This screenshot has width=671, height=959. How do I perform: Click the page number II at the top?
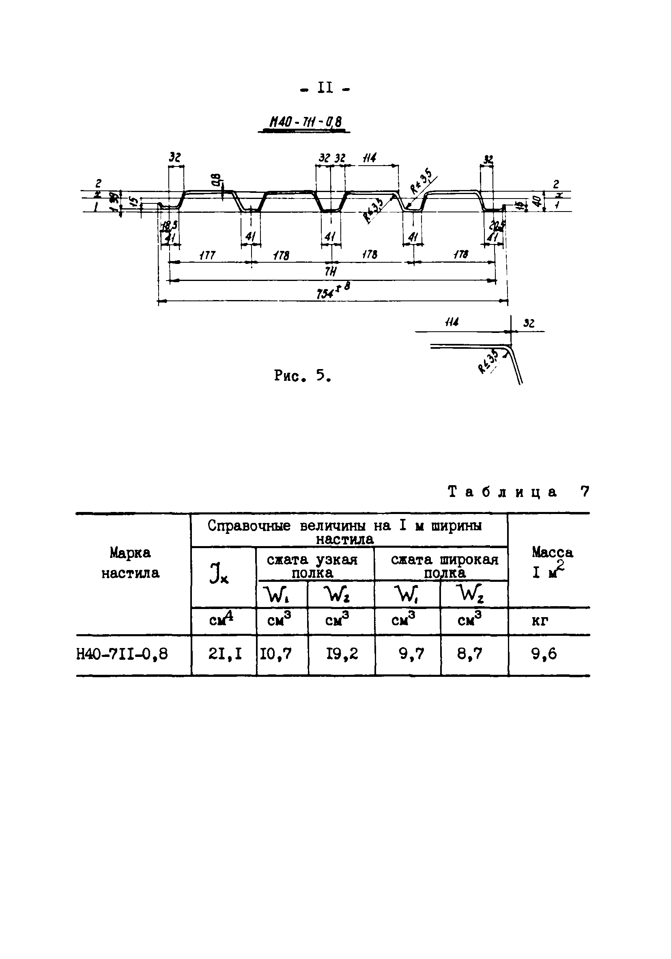(x=325, y=88)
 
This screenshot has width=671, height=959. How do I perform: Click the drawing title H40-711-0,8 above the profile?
(x=305, y=122)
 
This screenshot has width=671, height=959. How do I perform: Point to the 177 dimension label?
(x=207, y=255)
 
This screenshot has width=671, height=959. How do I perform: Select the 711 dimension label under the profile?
(x=331, y=272)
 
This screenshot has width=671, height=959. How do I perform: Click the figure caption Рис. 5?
(x=303, y=376)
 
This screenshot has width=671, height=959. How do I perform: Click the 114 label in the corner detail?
(x=452, y=323)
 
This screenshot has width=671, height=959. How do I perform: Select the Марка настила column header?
(x=131, y=563)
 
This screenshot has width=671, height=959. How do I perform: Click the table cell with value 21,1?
(x=225, y=654)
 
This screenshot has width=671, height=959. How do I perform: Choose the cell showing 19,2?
(x=342, y=654)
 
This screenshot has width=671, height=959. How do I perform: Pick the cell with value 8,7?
(x=469, y=654)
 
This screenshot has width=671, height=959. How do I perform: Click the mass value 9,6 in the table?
(x=544, y=654)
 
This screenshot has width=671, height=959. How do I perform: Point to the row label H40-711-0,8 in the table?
(x=122, y=654)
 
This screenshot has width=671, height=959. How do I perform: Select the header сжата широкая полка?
(x=444, y=566)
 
